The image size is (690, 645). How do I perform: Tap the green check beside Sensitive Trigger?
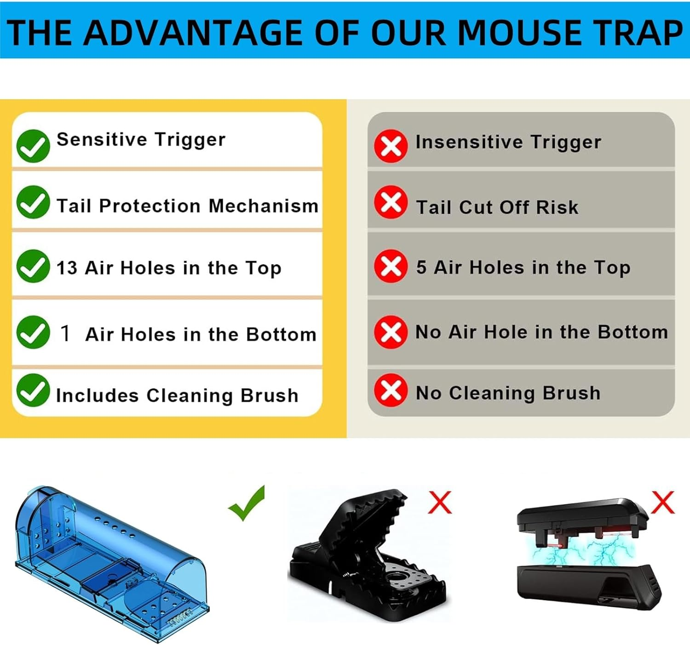pos(33,146)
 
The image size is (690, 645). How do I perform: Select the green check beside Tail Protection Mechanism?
pos(33,202)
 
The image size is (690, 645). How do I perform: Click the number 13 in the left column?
pos(67,268)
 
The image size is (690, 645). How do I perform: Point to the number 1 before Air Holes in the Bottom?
pos(65,333)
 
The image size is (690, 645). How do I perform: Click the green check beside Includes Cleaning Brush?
pos(33,390)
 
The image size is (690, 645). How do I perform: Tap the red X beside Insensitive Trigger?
pos(391,146)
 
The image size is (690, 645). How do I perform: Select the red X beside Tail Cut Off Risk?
pos(391,202)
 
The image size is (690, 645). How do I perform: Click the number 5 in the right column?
pos(421,267)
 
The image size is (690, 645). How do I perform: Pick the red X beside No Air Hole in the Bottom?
pos(391,332)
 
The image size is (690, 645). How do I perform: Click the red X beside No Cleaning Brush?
pos(391,390)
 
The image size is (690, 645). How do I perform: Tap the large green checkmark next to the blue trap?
pos(248,504)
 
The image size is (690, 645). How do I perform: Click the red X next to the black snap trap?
pos(440,502)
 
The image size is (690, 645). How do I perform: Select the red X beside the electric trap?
pos(662,502)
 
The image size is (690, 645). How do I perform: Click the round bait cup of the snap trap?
pos(396,581)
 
